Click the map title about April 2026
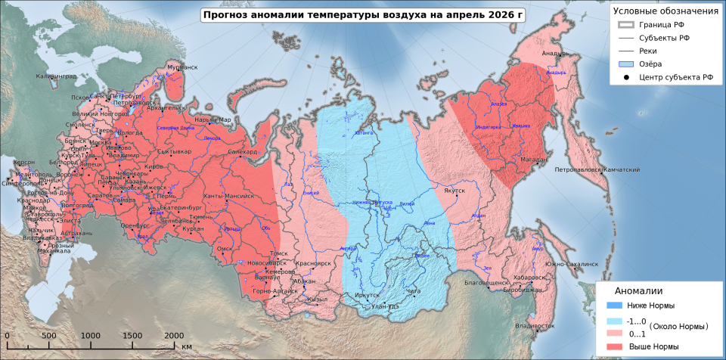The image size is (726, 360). [x=362, y=14]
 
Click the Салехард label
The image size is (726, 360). [x=243, y=152]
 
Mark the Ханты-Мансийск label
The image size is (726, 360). [x=230, y=196]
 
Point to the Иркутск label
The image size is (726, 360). [x=367, y=295]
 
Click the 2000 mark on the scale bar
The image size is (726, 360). [x=174, y=335]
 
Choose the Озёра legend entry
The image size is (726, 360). [x=650, y=64]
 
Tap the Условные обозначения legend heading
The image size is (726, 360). [x=665, y=11]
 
